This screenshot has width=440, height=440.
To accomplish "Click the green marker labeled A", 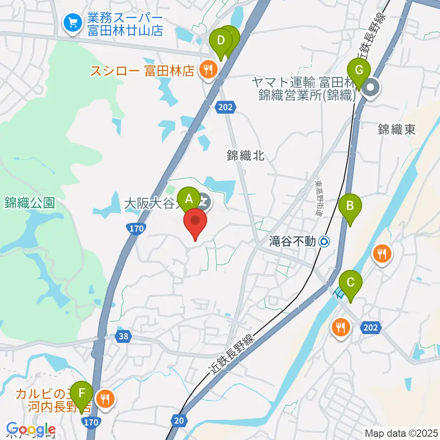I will [188, 199].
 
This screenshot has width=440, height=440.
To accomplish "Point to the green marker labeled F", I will [82, 393].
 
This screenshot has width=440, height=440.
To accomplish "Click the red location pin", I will [196, 221].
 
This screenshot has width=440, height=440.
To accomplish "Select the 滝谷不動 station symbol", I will [324, 240].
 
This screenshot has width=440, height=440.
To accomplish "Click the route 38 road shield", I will [123, 337].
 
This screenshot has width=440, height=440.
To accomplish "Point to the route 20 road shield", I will [180, 419].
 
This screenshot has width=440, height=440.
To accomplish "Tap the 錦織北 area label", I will [246, 156].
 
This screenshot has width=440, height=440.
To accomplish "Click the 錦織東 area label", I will [396, 130].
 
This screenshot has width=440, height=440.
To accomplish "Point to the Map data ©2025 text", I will [401, 433].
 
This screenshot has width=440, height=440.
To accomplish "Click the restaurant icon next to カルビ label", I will [106, 398].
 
